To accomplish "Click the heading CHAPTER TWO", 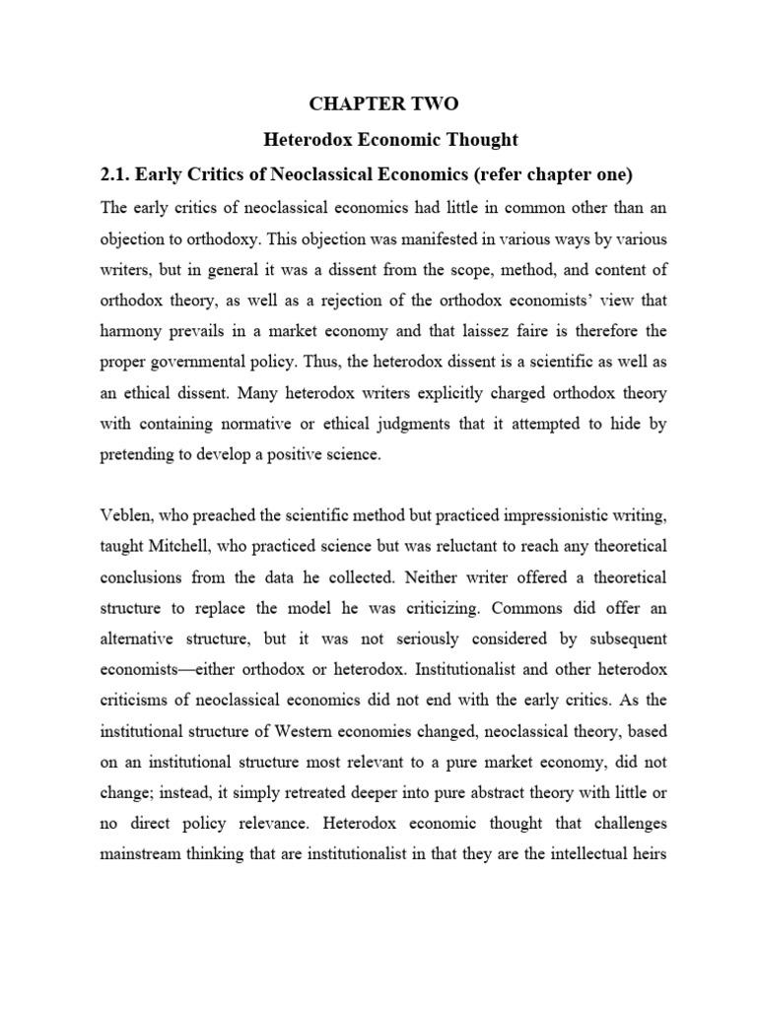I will pos(383,103).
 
